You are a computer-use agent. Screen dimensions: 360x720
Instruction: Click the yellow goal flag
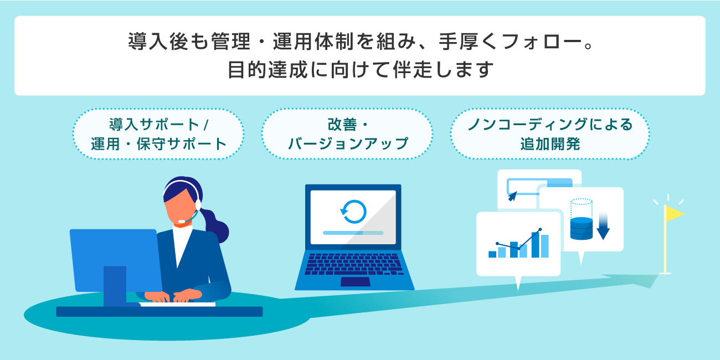(x=673, y=214)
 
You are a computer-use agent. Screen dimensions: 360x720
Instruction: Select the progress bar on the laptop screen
(x=353, y=233)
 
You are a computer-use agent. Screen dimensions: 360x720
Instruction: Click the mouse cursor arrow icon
(x=512, y=196)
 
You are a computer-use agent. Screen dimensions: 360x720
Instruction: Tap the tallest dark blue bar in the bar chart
(x=536, y=245)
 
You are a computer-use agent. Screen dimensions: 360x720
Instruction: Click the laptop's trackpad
(x=355, y=281)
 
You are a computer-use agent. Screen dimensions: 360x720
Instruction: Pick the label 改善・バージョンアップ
(x=347, y=134)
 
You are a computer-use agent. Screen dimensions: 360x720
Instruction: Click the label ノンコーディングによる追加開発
(x=549, y=134)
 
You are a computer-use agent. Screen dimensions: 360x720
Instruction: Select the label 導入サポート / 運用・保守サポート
(x=158, y=134)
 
